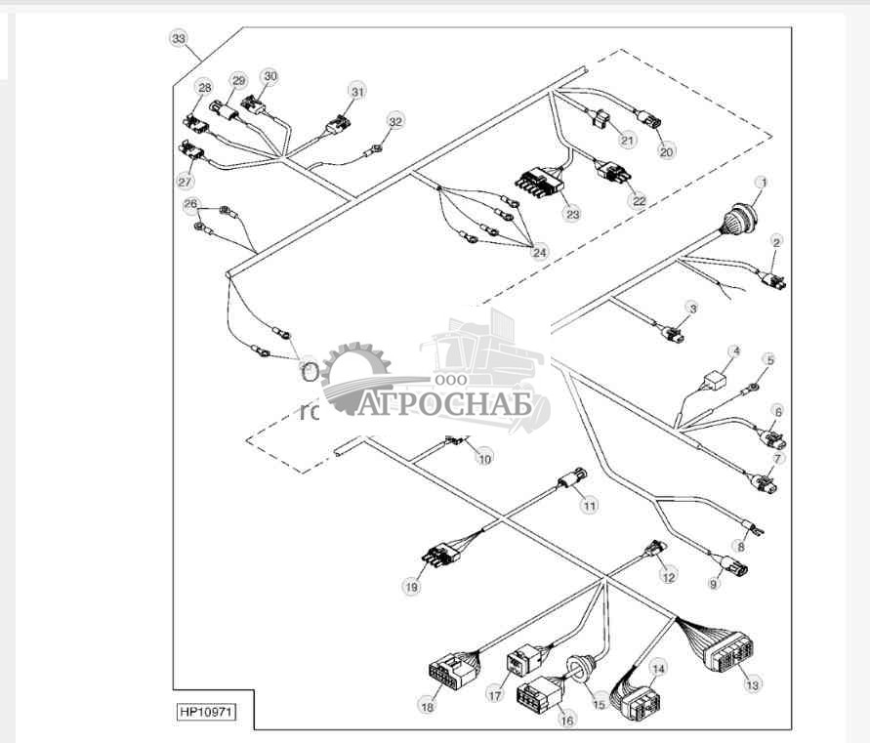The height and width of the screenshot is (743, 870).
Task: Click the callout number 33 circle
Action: click(x=178, y=38)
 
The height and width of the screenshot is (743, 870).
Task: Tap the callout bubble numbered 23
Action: click(x=571, y=213)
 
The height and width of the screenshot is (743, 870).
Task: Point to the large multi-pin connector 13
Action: click(x=727, y=655)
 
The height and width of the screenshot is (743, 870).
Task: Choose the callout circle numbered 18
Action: click(x=427, y=707)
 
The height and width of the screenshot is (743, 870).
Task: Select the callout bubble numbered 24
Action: click(x=540, y=251)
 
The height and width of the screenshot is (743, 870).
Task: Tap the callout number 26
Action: click(x=190, y=204)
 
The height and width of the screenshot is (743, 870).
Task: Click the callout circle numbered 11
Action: click(x=589, y=506)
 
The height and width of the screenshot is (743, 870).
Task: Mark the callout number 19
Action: click(x=410, y=587)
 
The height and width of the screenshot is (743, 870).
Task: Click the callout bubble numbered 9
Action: click(x=714, y=584)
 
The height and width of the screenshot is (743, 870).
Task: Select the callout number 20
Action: click(x=667, y=151)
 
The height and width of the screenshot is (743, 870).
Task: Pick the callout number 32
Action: click(x=394, y=122)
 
